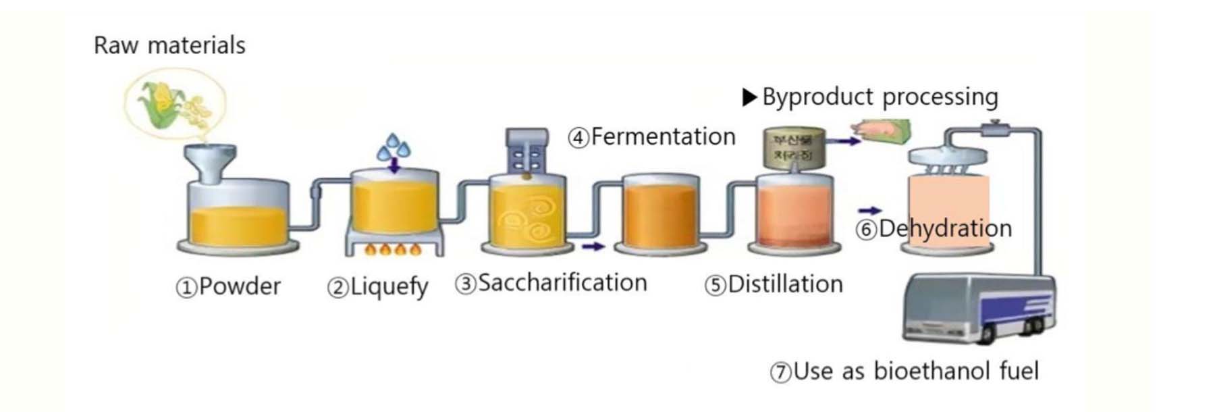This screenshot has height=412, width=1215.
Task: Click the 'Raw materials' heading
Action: (169, 45)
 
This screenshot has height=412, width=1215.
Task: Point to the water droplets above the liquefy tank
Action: (394, 147)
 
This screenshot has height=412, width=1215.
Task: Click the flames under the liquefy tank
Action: (392, 250)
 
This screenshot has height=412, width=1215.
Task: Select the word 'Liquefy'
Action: (389, 287)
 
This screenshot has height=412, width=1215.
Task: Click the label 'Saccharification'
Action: (562, 283)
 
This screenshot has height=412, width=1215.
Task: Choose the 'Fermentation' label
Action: (662, 137)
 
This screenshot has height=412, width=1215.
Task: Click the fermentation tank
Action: (660, 213)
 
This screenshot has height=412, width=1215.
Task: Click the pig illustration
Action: (882, 130)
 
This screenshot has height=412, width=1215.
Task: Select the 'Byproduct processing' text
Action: (880, 97)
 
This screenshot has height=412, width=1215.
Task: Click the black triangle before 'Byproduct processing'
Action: (749, 97)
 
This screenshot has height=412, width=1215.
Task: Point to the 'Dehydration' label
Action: (944, 228)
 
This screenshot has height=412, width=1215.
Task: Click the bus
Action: (978, 307)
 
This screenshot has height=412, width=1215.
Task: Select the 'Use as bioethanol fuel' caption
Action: (915, 371)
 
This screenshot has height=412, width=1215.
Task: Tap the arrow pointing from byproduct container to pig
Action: (843, 141)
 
